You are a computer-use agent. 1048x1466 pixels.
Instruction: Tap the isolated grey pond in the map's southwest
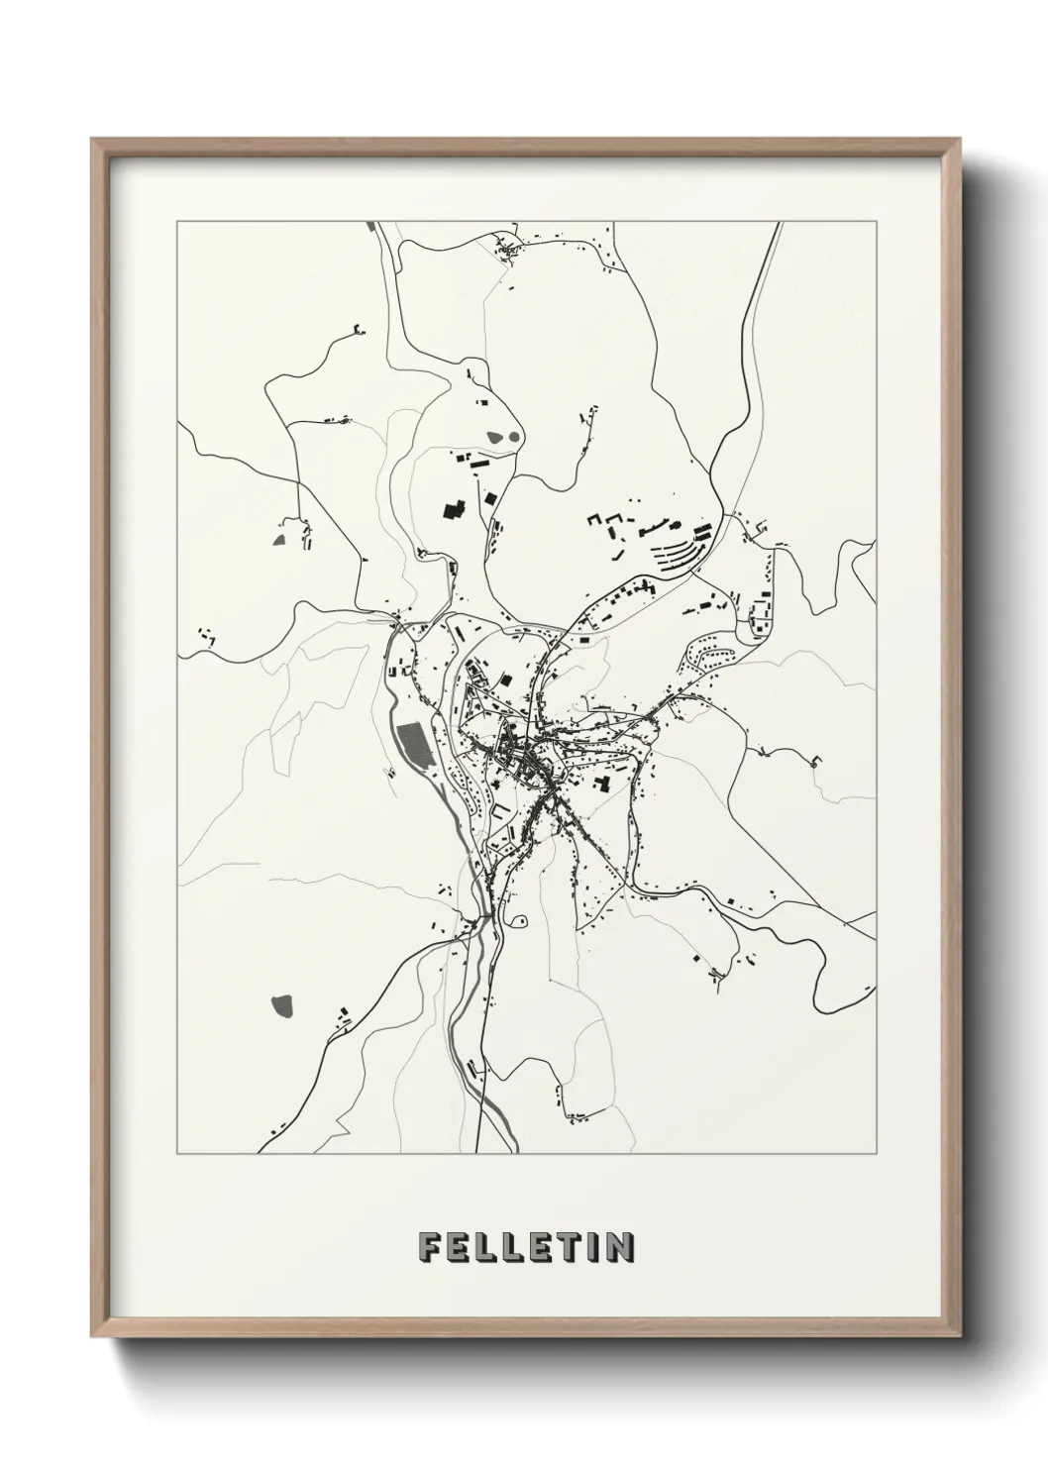pos(282,1006)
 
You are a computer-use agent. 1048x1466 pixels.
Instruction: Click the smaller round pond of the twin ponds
pos(514,434)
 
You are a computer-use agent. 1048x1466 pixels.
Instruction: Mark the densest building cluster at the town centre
pos(525,763)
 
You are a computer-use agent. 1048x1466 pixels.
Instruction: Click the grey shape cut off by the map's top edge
pos(371,227)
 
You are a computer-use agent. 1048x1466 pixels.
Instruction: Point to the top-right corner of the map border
pos(877,222)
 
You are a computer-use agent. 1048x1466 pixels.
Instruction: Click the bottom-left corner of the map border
pos(177,1154)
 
